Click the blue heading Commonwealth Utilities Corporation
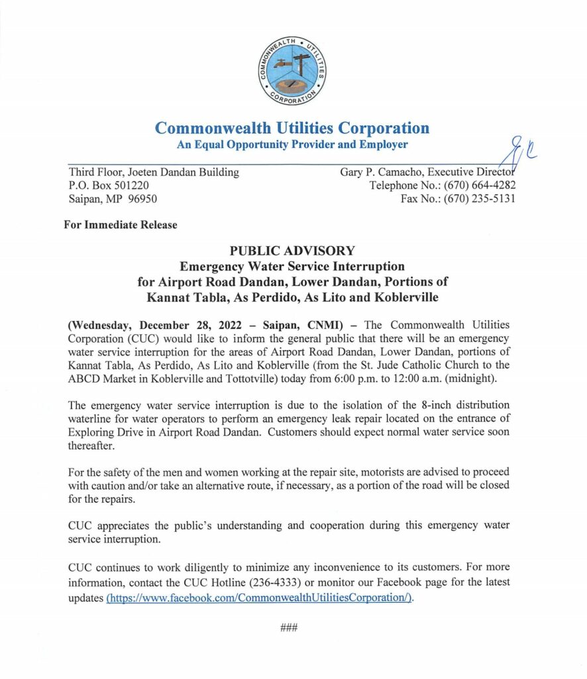point(292,127)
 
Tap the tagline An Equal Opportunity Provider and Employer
point(292,145)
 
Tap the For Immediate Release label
point(121,225)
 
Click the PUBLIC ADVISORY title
point(292,251)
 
